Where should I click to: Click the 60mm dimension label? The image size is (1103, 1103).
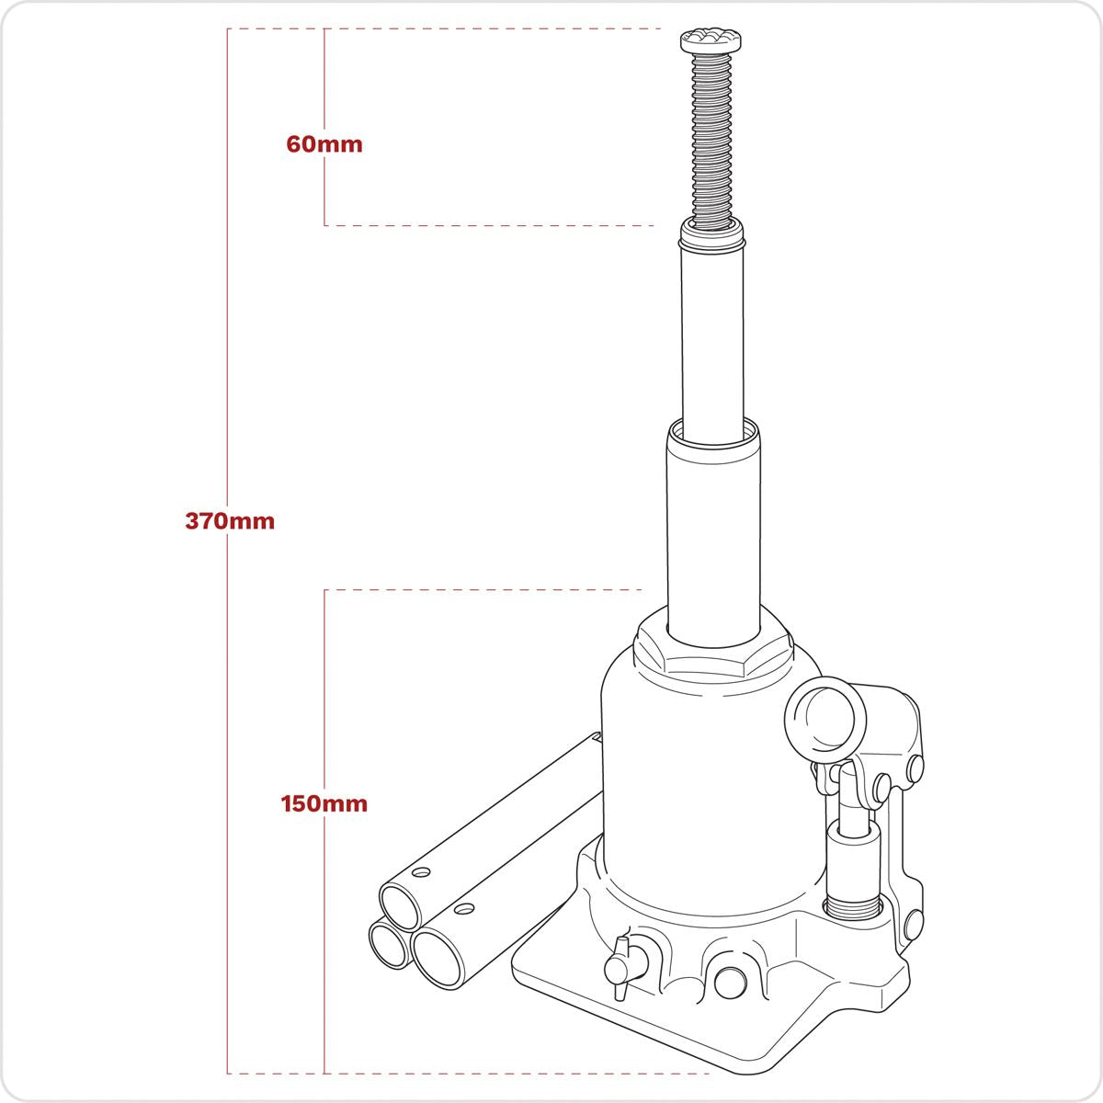coord(324,144)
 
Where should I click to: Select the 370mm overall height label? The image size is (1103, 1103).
coord(230,521)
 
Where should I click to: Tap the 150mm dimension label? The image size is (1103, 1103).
coord(324,804)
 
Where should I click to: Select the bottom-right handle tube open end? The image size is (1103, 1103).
coord(438,956)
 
